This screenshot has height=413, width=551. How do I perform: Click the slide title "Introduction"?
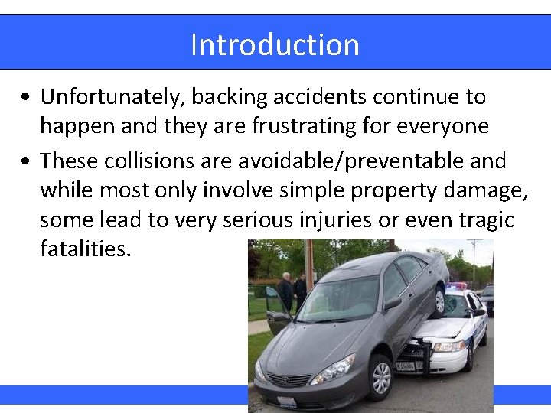point(275,44)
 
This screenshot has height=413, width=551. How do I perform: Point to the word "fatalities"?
point(85,249)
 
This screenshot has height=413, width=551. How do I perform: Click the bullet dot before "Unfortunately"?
point(26,98)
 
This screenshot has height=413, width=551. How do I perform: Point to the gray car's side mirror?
point(392,304)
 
